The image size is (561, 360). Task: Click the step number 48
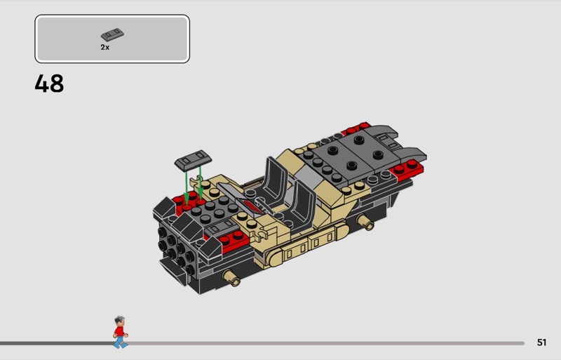[x=49, y=84]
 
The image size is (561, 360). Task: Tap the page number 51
[x=541, y=342]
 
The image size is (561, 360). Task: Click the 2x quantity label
[x=104, y=47]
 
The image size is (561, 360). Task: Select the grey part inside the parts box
[x=112, y=34]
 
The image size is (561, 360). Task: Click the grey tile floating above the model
[x=193, y=160]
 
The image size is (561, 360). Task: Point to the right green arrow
[x=201, y=182]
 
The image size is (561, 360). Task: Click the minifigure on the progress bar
[x=120, y=332]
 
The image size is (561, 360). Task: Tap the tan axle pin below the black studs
[x=232, y=278]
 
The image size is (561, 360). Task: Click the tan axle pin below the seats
[x=365, y=221]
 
